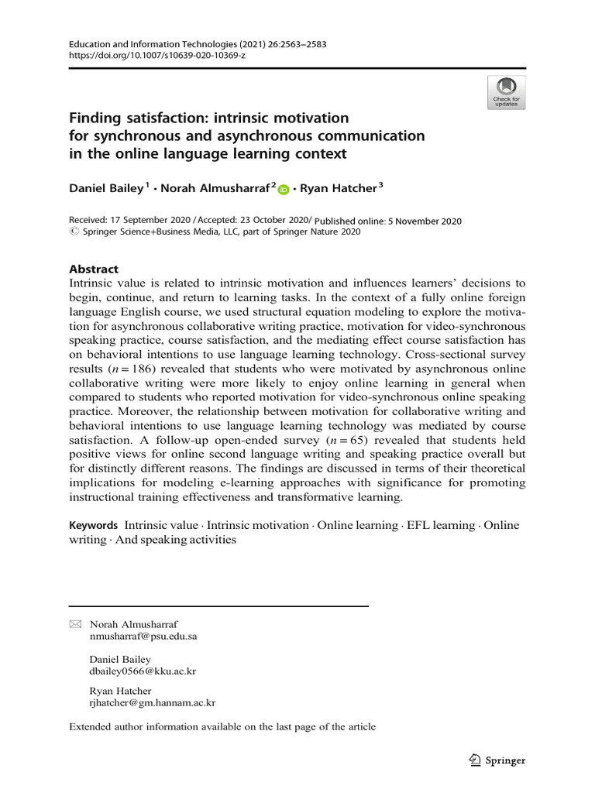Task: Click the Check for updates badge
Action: (x=506, y=92)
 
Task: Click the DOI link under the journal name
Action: (x=157, y=57)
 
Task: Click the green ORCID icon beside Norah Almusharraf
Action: (x=283, y=189)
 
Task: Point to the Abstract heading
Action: (x=94, y=269)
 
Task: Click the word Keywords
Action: (x=94, y=525)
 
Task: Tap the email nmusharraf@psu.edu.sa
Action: (x=143, y=637)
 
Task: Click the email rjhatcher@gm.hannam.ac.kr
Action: (x=153, y=703)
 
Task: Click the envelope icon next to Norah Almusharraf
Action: (x=75, y=624)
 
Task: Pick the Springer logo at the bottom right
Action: (x=497, y=760)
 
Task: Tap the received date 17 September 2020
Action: (x=153, y=221)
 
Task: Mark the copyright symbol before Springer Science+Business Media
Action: (x=74, y=231)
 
